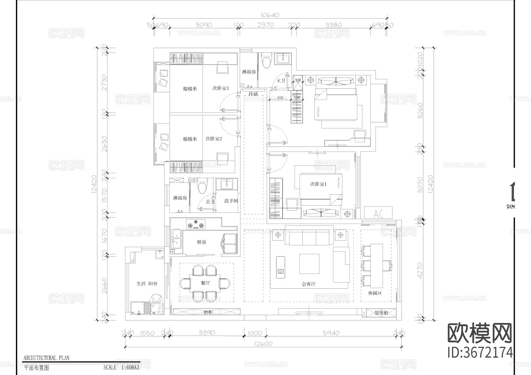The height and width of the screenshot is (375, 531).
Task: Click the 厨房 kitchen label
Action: (201, 242)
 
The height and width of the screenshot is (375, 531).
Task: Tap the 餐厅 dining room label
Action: (205, 283)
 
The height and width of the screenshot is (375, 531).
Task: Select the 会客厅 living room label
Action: (309, 284)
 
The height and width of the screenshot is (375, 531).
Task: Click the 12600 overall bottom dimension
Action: (263, 344)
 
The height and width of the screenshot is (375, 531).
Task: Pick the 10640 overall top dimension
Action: (270, 15)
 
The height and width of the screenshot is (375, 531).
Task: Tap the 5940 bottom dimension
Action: (331, 333)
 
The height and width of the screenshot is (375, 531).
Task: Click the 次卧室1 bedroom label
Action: (318, 184)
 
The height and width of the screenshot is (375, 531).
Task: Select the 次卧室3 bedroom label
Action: (221, 88)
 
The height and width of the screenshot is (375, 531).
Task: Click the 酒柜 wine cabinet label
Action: (208, 312)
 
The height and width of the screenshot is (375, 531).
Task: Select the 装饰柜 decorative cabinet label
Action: (381, 313)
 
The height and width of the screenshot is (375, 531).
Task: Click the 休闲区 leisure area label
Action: (375, 293)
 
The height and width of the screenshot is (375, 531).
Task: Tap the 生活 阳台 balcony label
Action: (147, 284)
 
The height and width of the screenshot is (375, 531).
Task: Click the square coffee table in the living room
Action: (309, 264)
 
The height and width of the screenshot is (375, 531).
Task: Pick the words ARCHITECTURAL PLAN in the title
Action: (46, 358)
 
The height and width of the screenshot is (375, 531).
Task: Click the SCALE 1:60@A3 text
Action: (121, 368)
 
